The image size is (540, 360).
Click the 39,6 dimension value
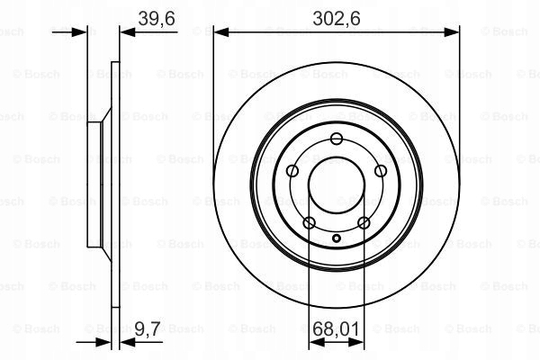[x=157, y=18]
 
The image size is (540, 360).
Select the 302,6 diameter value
[x=337, y=18]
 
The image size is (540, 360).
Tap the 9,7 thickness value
[x=147, y=328]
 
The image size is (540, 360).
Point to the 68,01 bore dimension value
[x=336, y=329]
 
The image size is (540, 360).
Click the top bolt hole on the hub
[x=336, y=139]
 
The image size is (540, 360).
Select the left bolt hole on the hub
[x=292, y=170]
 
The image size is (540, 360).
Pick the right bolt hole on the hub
[x=381, y=170]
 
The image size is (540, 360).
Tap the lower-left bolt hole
[x=310, y=222]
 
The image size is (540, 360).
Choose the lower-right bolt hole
[x=364, y=222]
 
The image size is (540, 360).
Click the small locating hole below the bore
[x=337, y=238]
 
